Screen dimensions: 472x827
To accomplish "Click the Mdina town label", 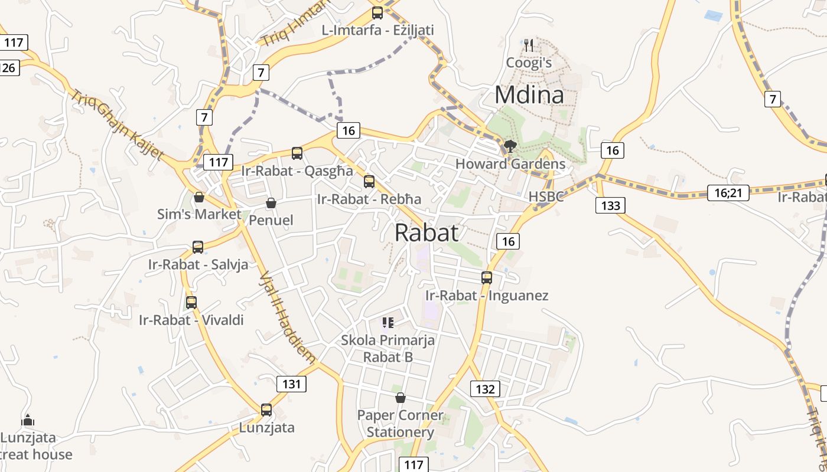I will coord(529,95).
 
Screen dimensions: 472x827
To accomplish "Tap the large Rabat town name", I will coord(426,232).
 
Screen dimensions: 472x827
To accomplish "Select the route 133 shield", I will coord(610,205).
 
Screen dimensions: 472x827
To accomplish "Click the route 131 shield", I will coord(291,384).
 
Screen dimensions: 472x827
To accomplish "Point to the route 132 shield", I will coord(485,389).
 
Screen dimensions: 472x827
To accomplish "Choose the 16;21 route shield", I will coord(728,192).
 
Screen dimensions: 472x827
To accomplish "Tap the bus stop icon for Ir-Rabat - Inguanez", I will coord(487,277).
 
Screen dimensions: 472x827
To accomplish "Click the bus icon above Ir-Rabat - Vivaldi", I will coord(191,303).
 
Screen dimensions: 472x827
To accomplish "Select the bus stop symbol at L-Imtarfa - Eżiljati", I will coord(377,12).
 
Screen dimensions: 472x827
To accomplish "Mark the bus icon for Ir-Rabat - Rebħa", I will coord(369,181).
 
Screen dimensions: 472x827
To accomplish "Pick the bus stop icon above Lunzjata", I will coord(266,409).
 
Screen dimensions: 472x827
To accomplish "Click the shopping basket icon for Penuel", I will coord(271,203).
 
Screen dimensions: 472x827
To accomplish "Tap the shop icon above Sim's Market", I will coord(199,196).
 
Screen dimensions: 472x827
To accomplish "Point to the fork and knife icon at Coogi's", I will coord(529,44).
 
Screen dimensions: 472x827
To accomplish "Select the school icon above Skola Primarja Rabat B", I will coord(388,322).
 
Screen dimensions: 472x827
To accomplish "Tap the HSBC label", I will coord(546,196).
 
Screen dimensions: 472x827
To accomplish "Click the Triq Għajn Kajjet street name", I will coord(118,124).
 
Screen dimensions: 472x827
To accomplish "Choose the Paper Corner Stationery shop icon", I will coord(401,398).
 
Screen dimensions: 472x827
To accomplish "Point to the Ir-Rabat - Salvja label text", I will coord(198,264).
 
